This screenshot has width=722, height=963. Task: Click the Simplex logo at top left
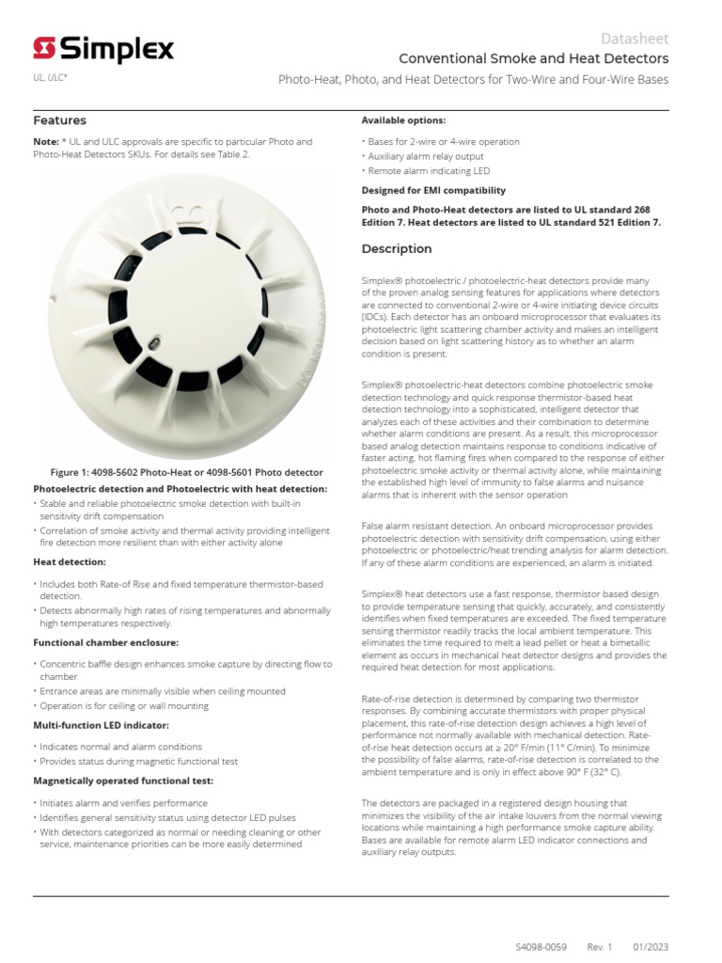[x=102, y=49]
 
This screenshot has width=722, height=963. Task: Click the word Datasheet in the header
[x=635, y=39]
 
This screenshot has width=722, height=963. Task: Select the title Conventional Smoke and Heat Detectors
[x=534, y=59]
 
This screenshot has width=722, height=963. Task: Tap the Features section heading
[x=59, y=120]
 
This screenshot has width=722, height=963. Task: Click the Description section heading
[x=397, y=249]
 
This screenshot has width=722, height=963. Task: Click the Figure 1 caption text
[x=186, y=472]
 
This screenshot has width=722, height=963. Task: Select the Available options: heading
[x=403, y=120]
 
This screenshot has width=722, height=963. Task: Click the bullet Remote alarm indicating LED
[x=429, y=171]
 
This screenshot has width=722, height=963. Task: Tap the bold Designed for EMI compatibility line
[x=433, y=190]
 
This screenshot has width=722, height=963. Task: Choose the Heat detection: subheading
[x=70, y=561]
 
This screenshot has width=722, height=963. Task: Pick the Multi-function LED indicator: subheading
[x=101, y=725]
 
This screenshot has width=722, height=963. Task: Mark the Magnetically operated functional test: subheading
[x=123, y=781]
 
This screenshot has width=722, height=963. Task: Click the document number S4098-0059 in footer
[x=541, y=947]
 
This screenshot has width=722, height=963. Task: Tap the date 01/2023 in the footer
[x=650, y=947]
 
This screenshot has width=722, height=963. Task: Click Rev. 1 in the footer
[x=599, y=947]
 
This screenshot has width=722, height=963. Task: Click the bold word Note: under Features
[x=46, y=142]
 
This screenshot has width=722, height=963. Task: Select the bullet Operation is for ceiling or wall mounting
[x=124, y=705]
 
